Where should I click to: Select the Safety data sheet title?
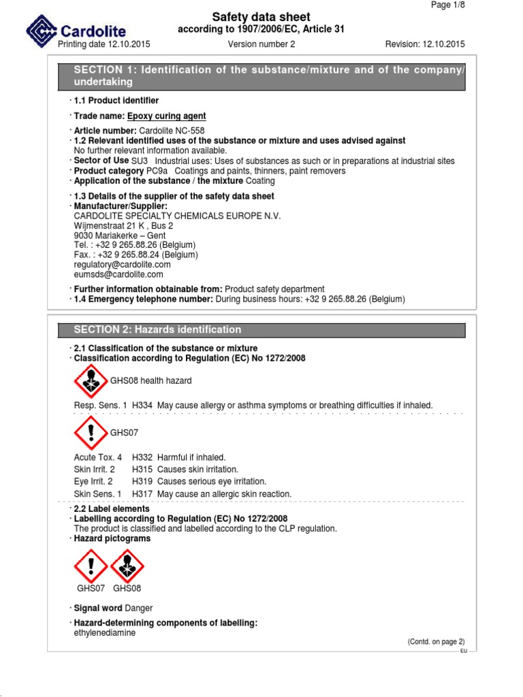pyautogui.click(x=261, y=17)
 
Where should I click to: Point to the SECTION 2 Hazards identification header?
pyautogui.click(x=157, y=329)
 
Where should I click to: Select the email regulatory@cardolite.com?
pyautogui.click(x=122, y=264)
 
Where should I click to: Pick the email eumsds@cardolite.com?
pyautogui.click(x=118, y=274)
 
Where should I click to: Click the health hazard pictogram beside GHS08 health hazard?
pyautogui.click(x=91, y=381)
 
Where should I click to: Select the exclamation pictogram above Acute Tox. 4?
pyautogui.click(x=91, y=432)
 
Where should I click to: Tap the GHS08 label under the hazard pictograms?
pyautogui.click(x=127, y=588)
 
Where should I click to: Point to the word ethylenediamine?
pyautogui.click(x=104, y=632)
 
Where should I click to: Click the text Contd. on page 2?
pyautogui.click(x=436, y=642)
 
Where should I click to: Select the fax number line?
pyautogui.click(x=136, y=255)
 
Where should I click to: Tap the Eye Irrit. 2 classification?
pyautogui.click(x=94, y=481)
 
